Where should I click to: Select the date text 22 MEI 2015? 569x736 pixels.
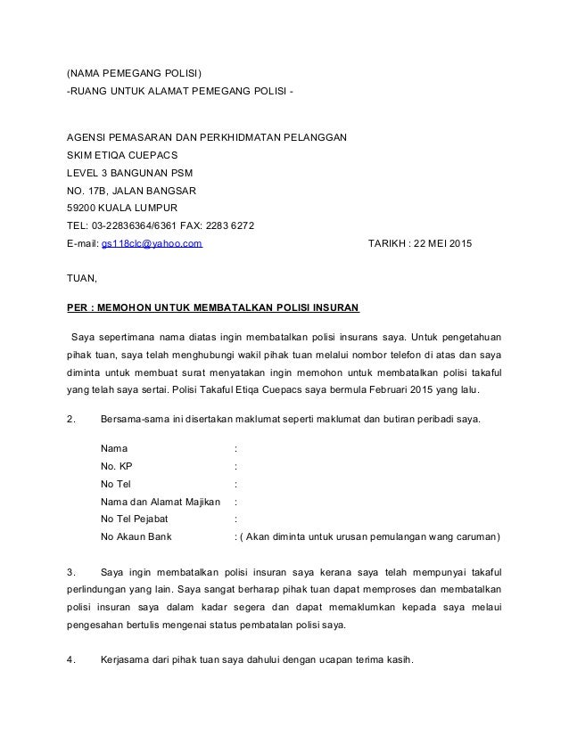[445, 243]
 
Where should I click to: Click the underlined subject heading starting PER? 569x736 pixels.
[214, 308]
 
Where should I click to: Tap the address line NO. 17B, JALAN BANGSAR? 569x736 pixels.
[132, 190]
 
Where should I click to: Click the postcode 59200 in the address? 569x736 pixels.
[85, 208]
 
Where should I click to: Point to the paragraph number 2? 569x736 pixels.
[70, 419]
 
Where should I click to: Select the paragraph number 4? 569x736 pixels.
[71, 660]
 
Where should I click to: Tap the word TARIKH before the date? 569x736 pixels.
[388, 243]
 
